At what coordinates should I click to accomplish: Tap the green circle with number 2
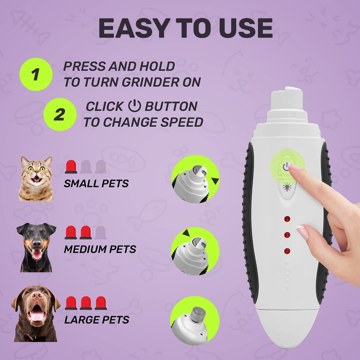[x=58, y=114]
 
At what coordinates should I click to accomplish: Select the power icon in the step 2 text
[x=134, y=107]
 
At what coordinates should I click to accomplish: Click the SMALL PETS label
[x=96, y=183]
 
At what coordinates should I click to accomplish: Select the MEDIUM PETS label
[x=100, y=249]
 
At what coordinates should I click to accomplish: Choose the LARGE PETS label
[x=97, y=320]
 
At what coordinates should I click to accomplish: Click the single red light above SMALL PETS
[x=72, y=166]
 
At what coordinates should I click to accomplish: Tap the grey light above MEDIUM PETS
[x=100, y=232]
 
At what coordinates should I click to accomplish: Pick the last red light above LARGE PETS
[x=100, y=303]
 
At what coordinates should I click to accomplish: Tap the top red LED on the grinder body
[x=287, y=219]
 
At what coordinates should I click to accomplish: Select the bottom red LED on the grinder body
[x=287, y=250]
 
